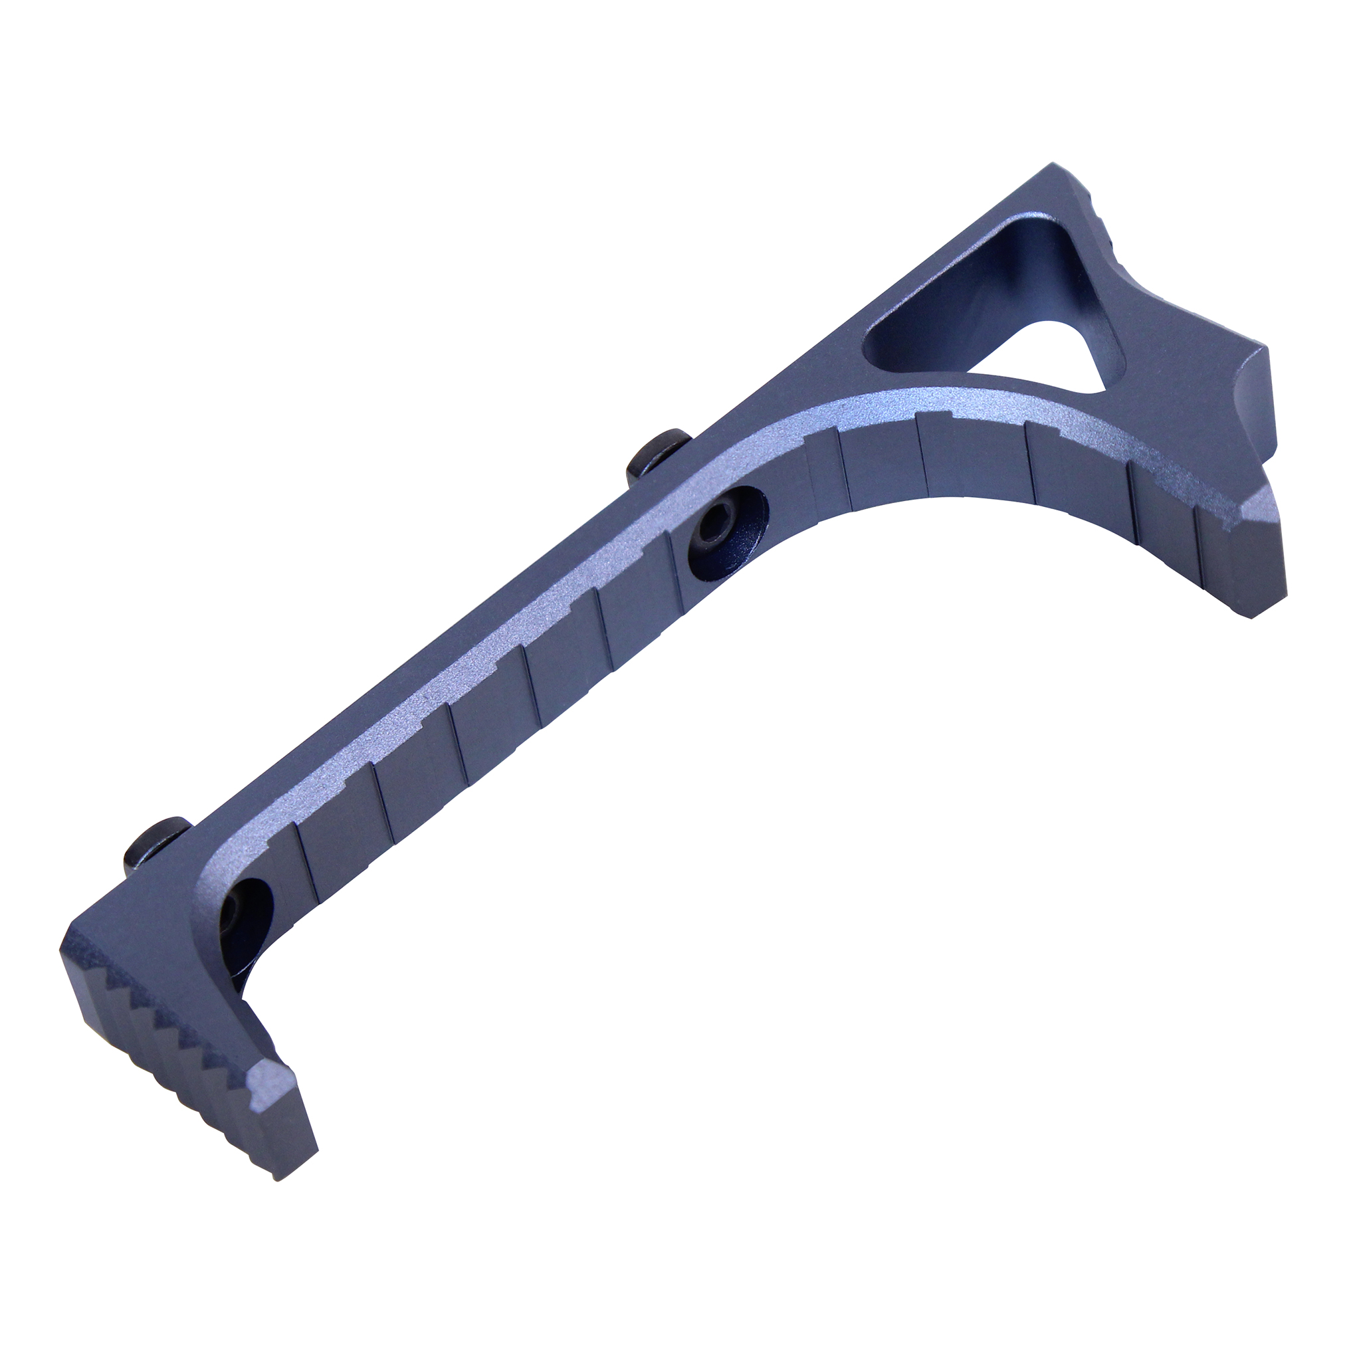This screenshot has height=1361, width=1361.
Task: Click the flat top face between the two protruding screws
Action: point(423,662)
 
